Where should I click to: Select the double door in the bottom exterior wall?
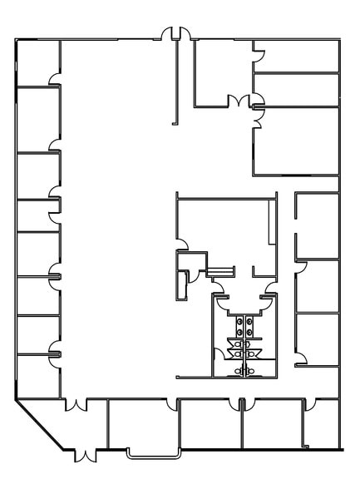pyautogui.click(x=85, y=454)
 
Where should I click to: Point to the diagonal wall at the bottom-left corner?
pyautogui.click(x=42, y=425)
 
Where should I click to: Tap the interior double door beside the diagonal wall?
pyautogui.click(x=76, y=406)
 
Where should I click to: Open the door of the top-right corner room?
pyautogui.click(x=259, y=58)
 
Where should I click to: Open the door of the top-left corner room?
pyautogui.click(x=56, y=79)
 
